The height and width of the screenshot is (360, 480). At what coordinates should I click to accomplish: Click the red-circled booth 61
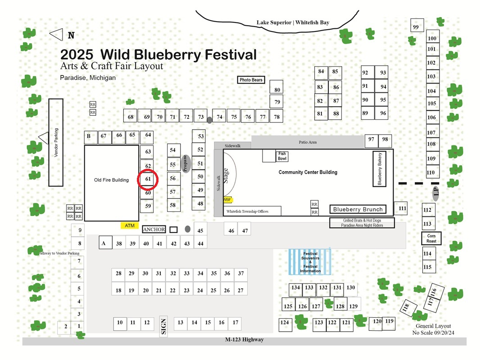pyautogui.click(x=148, y=179)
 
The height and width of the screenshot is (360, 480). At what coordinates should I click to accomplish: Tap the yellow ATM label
pyautogui.click(x=130, y=225)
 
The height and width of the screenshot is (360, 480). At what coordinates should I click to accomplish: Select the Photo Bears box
pyautogui.click(x=251, y=80)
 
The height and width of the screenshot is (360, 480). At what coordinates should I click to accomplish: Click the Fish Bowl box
pyautogui.click(x=282, y=156)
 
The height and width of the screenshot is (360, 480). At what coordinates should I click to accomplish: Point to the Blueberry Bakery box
pyautogui.click(x=379, y=169)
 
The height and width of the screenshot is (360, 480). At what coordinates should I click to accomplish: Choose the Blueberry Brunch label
pyautogui.click(x=358, y=209)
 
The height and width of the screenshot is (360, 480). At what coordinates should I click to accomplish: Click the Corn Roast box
pyautogui.click(x=431, y=238)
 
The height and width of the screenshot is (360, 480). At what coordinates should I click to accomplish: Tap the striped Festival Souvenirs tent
pyautogui.click(x=310, y=262)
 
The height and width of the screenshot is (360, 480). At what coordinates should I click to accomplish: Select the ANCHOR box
pyautogui.click(x=154, y=229)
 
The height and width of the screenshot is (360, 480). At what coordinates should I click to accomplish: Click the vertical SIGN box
pyautogui.click(x=163, y=326)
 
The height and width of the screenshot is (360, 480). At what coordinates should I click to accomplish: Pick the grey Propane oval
pyautogui.click(x=186, y=164)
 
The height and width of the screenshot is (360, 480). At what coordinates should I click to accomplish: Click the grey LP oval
pyautogui.click(x=436, y=193)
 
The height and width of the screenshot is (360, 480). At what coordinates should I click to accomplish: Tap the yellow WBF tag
pyautogui.click(x=227, y=200)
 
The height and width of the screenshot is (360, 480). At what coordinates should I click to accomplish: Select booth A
pyautogui.click(x=105, y=243)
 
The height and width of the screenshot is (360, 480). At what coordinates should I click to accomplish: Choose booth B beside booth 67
pyautogui.click(x=91, y=137)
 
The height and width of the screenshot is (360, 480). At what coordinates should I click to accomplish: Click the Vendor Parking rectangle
pyautogui.click(x=56, y=143)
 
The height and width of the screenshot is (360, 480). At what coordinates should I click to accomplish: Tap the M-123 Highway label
pyautogui.click(x=245, y=339)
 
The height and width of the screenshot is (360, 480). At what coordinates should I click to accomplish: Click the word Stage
pyautogui.click(x=226, y=175)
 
